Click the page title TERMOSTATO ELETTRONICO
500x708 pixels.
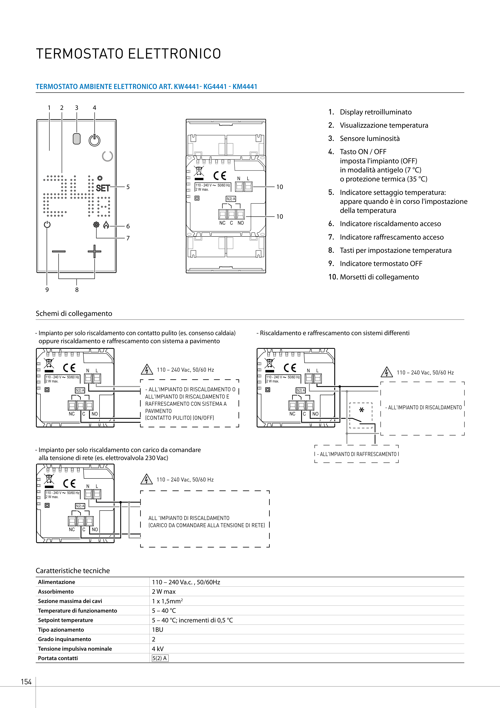point(129,54)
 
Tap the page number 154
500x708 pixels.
point(26,682)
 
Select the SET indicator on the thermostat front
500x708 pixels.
point(103,188)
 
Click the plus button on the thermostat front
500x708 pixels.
point(94,251)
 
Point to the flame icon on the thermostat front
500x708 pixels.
point(106,225)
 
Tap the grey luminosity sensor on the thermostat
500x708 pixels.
point(76,139)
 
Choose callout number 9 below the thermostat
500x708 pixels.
point(47,289)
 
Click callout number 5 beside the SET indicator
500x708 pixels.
point(128,187)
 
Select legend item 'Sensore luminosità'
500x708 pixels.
point(369,139)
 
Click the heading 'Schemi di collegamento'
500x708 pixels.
point(74,314)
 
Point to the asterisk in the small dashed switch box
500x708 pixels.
point(362,410)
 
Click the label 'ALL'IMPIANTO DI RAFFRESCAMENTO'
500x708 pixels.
point(358,454)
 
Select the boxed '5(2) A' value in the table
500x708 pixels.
point(160,658)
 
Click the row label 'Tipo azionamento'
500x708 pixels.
point(61,630)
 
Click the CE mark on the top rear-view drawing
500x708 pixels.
point(220,176)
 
